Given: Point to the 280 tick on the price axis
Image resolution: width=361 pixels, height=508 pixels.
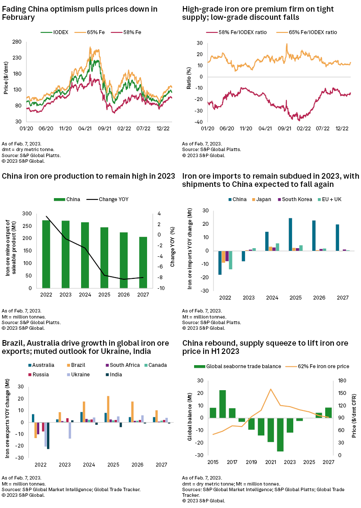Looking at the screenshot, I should coord(17,42).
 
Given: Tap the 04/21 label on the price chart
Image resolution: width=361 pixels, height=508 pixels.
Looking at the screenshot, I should coord(85,129).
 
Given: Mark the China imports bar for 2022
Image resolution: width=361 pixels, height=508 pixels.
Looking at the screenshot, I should coord(220,262).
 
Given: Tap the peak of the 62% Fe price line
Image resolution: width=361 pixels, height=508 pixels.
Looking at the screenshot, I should coord(271,389).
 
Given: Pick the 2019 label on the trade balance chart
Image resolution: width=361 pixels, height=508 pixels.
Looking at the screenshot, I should coord(251,462).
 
